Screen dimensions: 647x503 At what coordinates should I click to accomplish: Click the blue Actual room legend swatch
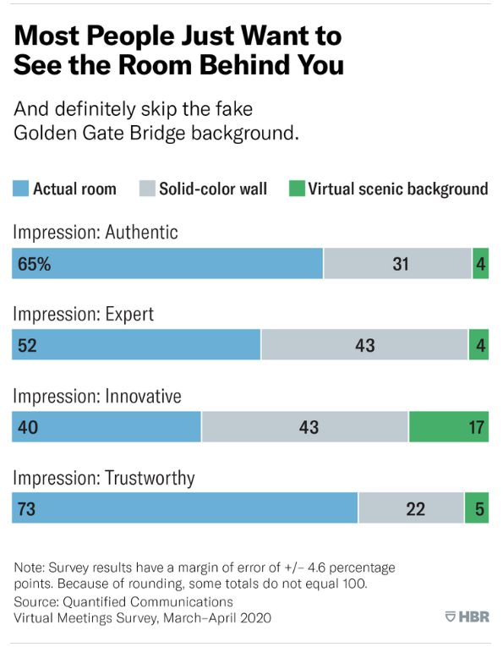pos(20,189)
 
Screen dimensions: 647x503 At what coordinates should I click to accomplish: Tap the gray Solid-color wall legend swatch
pos(147,189)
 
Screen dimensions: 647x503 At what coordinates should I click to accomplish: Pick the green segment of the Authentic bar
pos(480,264)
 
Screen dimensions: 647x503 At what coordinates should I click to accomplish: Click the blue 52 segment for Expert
pos(135,345)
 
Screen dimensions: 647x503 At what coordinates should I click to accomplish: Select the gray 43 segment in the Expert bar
pos(364,345)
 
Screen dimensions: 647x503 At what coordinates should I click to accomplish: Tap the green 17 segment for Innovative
pos(449,427)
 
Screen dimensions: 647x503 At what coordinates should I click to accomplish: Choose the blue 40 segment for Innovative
pos(106,427)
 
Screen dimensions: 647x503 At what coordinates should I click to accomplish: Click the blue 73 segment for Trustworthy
pos(184,509)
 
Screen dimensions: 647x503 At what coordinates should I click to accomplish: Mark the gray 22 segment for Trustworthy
pos(412,509)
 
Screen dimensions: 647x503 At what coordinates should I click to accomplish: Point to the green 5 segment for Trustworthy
pos(477,509)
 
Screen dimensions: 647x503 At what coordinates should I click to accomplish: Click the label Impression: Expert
pos(83,314)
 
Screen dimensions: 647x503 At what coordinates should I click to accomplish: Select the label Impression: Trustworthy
pos(103,478)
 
